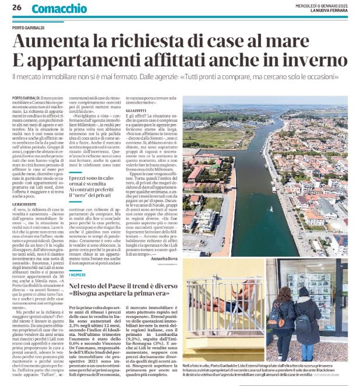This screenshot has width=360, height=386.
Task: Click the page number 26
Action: point(16,8)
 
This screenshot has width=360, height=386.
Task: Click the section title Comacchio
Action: point(59,9)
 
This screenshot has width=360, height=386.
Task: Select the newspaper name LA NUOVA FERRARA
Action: point(326,12)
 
